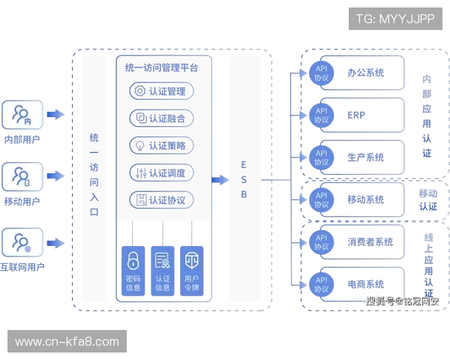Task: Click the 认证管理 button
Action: (x=162, y=91)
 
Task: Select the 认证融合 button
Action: (x=162, y=118)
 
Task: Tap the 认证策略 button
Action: (x=162, y=145)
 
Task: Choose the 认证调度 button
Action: (x=162, y=173)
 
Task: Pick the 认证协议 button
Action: (x=162, y=200)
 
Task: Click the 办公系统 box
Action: (x=364, y=73)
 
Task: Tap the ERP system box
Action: (x=364, y=115)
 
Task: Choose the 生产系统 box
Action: (x=364, y=157)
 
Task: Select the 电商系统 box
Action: (x=364, y=283)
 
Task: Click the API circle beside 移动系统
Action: (x=321, y=199)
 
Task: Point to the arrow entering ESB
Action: (x=219, y=180)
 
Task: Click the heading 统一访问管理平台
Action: (x=162, y=67)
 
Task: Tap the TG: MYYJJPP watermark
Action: (x=395, y=18)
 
